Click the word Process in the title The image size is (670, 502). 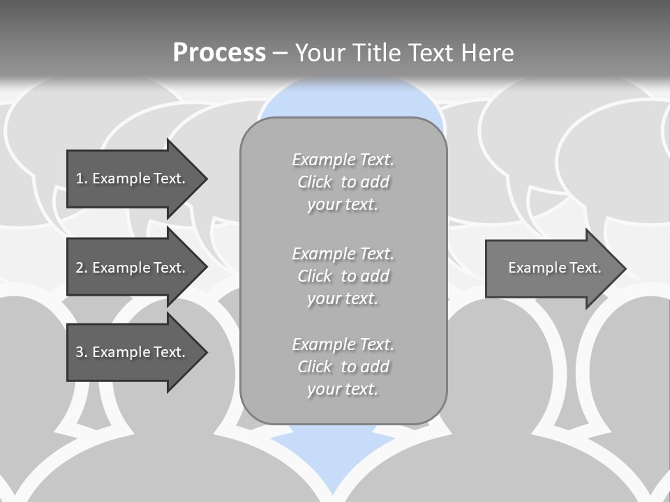[x=219, y=53]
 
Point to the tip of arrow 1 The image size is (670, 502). [x=206, y=178]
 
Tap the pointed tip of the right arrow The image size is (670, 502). [x=625, y=268]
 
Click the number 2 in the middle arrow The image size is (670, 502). [x=80, y=268]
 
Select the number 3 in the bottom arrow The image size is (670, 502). [x=80, y=352]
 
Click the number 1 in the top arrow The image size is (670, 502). [x=80, y=178]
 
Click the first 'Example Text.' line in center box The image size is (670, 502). [x=343, y=160]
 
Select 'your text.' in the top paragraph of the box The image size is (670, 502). [x=343, y=205]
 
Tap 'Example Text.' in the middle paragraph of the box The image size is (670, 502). [x=343, y=253]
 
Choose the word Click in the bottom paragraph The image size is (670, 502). [x=315, y=367]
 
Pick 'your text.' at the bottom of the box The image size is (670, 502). [x=343, y=390]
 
